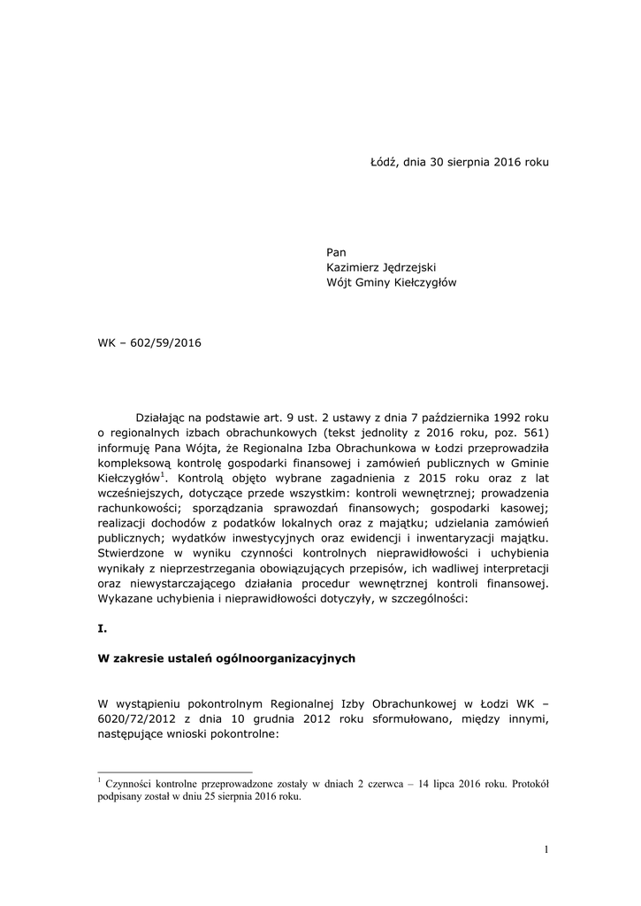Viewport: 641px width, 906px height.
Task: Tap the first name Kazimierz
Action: [355, 268]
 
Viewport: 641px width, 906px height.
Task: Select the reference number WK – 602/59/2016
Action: [149, 342]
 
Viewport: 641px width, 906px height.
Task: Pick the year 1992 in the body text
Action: [506, 417]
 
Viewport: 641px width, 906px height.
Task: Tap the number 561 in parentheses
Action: [535, 433]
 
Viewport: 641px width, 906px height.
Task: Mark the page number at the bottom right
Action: [546, 850]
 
